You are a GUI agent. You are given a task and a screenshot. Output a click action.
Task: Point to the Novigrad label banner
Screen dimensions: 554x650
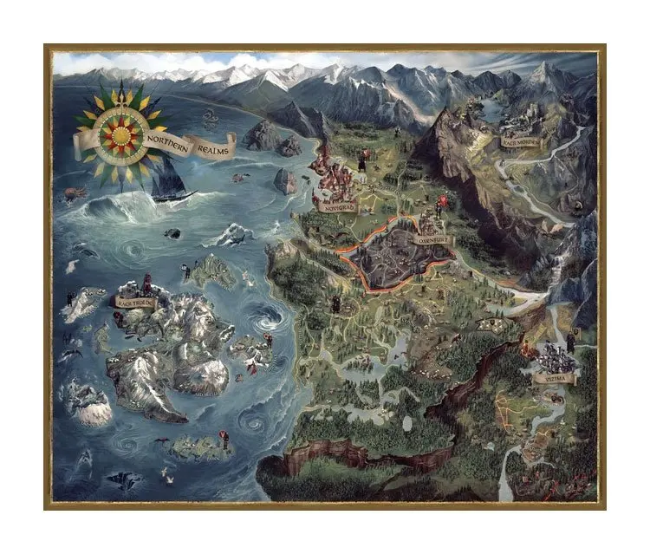(336, 208)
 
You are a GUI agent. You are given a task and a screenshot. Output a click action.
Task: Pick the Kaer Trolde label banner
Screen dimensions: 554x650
(134, 302)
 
